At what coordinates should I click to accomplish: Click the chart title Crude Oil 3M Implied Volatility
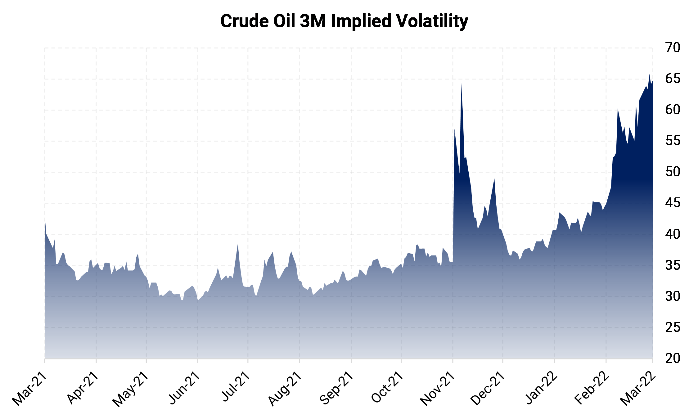point(344,21)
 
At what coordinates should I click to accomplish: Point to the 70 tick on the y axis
point(673,47)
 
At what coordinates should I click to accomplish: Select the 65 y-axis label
point(673,79)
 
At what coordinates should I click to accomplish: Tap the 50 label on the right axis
point(673,172)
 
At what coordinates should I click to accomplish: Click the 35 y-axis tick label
point(673,265)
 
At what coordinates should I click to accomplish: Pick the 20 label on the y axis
point(673,358)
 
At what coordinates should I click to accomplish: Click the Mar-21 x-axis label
point(29,388)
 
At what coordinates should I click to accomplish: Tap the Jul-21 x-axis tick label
point(236,386)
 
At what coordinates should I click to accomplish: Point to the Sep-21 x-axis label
point(336,388)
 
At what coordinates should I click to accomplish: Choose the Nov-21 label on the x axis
point(438,388)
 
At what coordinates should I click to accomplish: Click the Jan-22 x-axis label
point(542,388)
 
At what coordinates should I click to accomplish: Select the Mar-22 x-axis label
point(638,388)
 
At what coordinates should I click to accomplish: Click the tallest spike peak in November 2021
point(461,84)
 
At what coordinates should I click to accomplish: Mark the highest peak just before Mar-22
point(649,74)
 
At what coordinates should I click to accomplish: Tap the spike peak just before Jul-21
point(238,244)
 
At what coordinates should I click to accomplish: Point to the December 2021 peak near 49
point(494,179)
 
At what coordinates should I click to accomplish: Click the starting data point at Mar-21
point(45,216)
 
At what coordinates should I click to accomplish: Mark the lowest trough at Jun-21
point(198,300)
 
